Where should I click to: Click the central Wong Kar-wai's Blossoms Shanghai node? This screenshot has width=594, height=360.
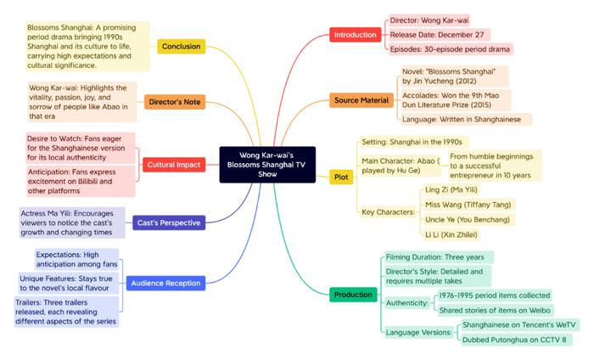pyautogui.click(x=267, y=165)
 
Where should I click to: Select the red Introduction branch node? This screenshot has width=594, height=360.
pyautogui.click(x=356, y=35)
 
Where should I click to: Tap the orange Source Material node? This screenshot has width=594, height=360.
pyautogui.click(x=361, y=100)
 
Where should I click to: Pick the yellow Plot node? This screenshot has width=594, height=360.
pyautogui.click(x=341, y=177)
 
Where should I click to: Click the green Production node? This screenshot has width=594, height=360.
pyautogui.click(x=353, y=295)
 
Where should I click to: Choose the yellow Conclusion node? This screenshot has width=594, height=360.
pyautogui.click(x=182, y=46)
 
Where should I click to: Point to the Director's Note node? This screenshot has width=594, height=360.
pyautogui.click(x=175, y=102)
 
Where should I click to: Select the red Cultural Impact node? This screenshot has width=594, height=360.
pyautogui.click(x=174, y=165)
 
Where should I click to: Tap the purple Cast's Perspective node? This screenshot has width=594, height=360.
pyautogui.click(x=169, y=222)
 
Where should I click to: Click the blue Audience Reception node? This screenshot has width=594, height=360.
pyautogui.click(x=166, y=283)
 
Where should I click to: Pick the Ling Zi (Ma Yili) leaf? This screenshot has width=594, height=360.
pyautogui.click(x=451, y=189)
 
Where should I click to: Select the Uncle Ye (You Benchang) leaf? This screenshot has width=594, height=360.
pyautogui.click(x=468, y=219)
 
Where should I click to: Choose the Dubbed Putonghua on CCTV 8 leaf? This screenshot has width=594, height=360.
pyautogui.click(x=514, y=340)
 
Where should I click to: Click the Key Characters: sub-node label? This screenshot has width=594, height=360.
pyautogui.click(x=389, y=211)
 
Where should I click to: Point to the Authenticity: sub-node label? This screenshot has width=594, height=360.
pyautogui.click(x=407, y=303)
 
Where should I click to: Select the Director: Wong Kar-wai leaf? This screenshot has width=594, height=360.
pyautogui.click(x=429, y=20)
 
